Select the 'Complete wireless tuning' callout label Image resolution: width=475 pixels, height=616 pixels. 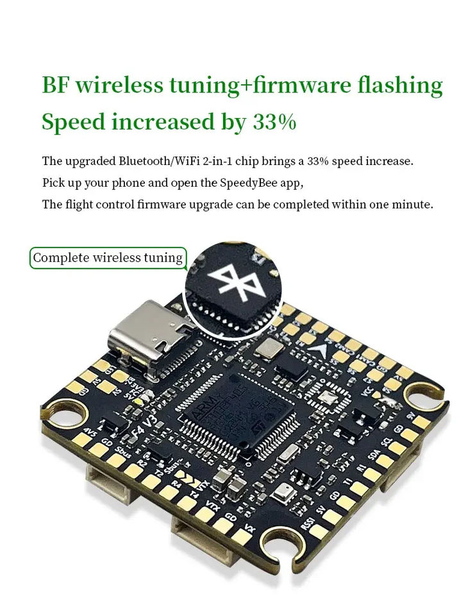tap(108, 258)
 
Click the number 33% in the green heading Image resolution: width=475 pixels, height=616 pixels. tap(274, 122)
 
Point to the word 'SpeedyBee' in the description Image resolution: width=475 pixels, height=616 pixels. tap(251, 183)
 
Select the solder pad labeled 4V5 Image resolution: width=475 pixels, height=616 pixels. tap(82, 438)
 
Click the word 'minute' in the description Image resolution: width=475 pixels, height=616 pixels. tap(413, 205)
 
